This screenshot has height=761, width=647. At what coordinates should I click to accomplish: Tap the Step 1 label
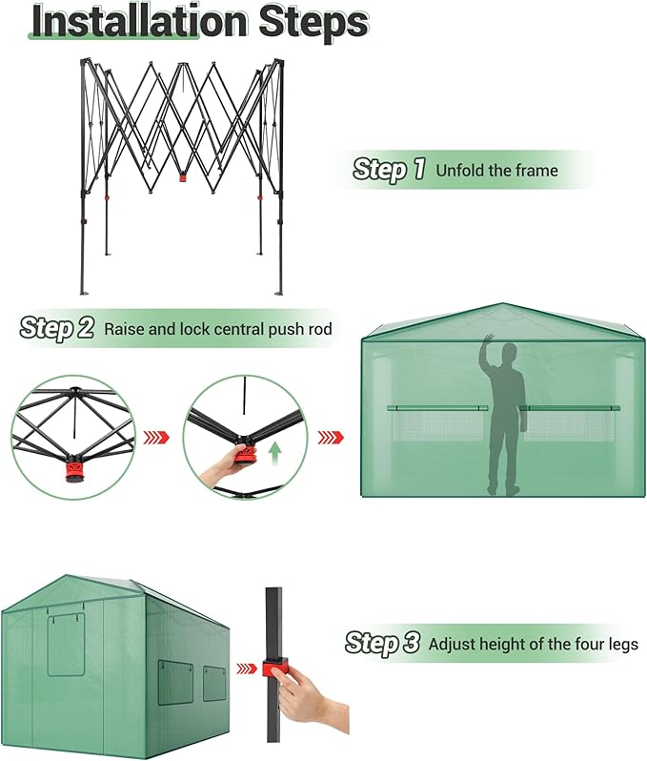click(x=389, y=170)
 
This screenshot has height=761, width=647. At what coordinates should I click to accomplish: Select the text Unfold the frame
click(x=496, y=171)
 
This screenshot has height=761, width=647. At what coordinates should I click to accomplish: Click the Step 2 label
click(x=57, y=329)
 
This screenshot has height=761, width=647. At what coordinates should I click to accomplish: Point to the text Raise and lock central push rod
click(x=218, y=330)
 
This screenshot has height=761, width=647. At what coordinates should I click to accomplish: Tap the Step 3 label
click(x=382, y=644)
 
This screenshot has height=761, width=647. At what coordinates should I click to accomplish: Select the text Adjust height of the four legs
click(x=534, y=645)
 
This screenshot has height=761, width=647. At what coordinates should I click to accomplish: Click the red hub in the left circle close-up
click(x=71, y=472)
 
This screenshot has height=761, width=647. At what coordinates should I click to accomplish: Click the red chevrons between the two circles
click(x=156, y=438)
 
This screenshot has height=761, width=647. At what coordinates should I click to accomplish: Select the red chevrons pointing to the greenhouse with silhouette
click(x=331, y=437)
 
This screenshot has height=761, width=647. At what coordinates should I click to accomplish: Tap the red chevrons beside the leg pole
click(x=246, y=667)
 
